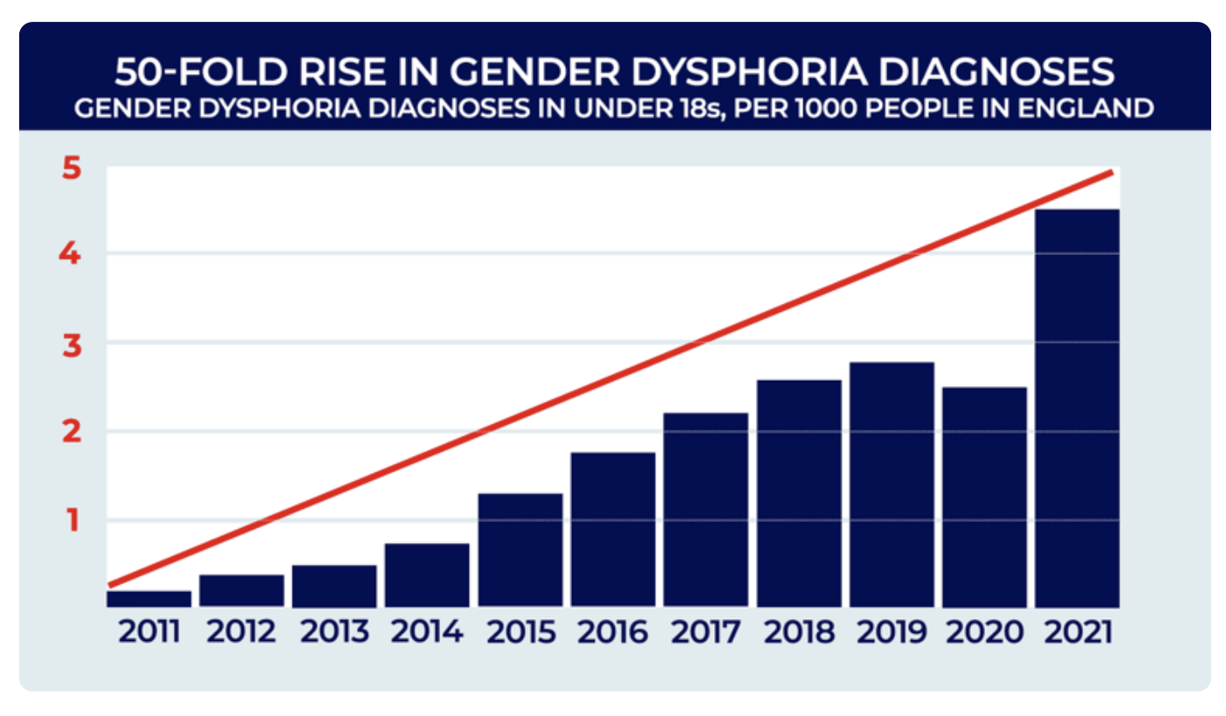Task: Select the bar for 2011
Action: pos(148,599)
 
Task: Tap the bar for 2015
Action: pos(520,550)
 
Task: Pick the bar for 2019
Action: pos(892,485)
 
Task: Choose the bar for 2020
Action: pos(984,497)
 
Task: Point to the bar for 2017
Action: pos(706,510)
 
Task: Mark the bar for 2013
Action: pos(334,586)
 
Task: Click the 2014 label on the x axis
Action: pos(427,631)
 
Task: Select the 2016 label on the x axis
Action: pos(612,631)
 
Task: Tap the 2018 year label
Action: pos(798,631)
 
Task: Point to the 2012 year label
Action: pos(242,631)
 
